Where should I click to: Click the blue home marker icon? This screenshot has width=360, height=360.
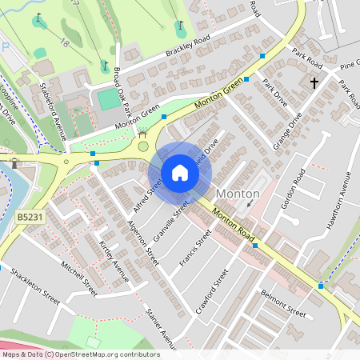coord(180,173)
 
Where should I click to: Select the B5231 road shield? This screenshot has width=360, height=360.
coord(30,215)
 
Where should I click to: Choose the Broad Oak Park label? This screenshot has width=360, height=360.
coord(118,82)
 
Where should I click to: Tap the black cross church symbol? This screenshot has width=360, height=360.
coord(314,82)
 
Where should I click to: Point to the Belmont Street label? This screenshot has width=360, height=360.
coord(284,303)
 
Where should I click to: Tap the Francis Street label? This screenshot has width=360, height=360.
coord(194,250)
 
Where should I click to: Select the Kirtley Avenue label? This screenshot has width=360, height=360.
coord(114,260)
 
